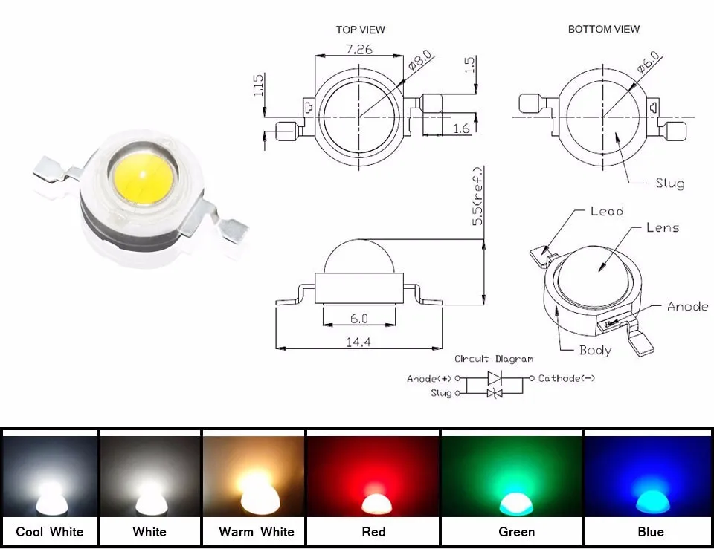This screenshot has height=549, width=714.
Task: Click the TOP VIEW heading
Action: point(360,30)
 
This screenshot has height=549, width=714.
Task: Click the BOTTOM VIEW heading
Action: point(604,29)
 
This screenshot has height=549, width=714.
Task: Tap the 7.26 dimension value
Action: point(358,49)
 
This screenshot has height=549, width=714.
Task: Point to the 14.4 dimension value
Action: point(358,342)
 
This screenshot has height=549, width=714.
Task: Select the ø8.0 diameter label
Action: point(419,60)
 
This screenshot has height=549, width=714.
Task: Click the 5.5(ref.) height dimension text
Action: point(477,196)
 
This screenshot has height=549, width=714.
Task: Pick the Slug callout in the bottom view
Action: point(670,183)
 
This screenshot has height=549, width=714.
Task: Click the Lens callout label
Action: point(663,227)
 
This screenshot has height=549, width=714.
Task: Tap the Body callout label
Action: point(595,350)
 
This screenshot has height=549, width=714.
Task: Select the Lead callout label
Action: point(607,211)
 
